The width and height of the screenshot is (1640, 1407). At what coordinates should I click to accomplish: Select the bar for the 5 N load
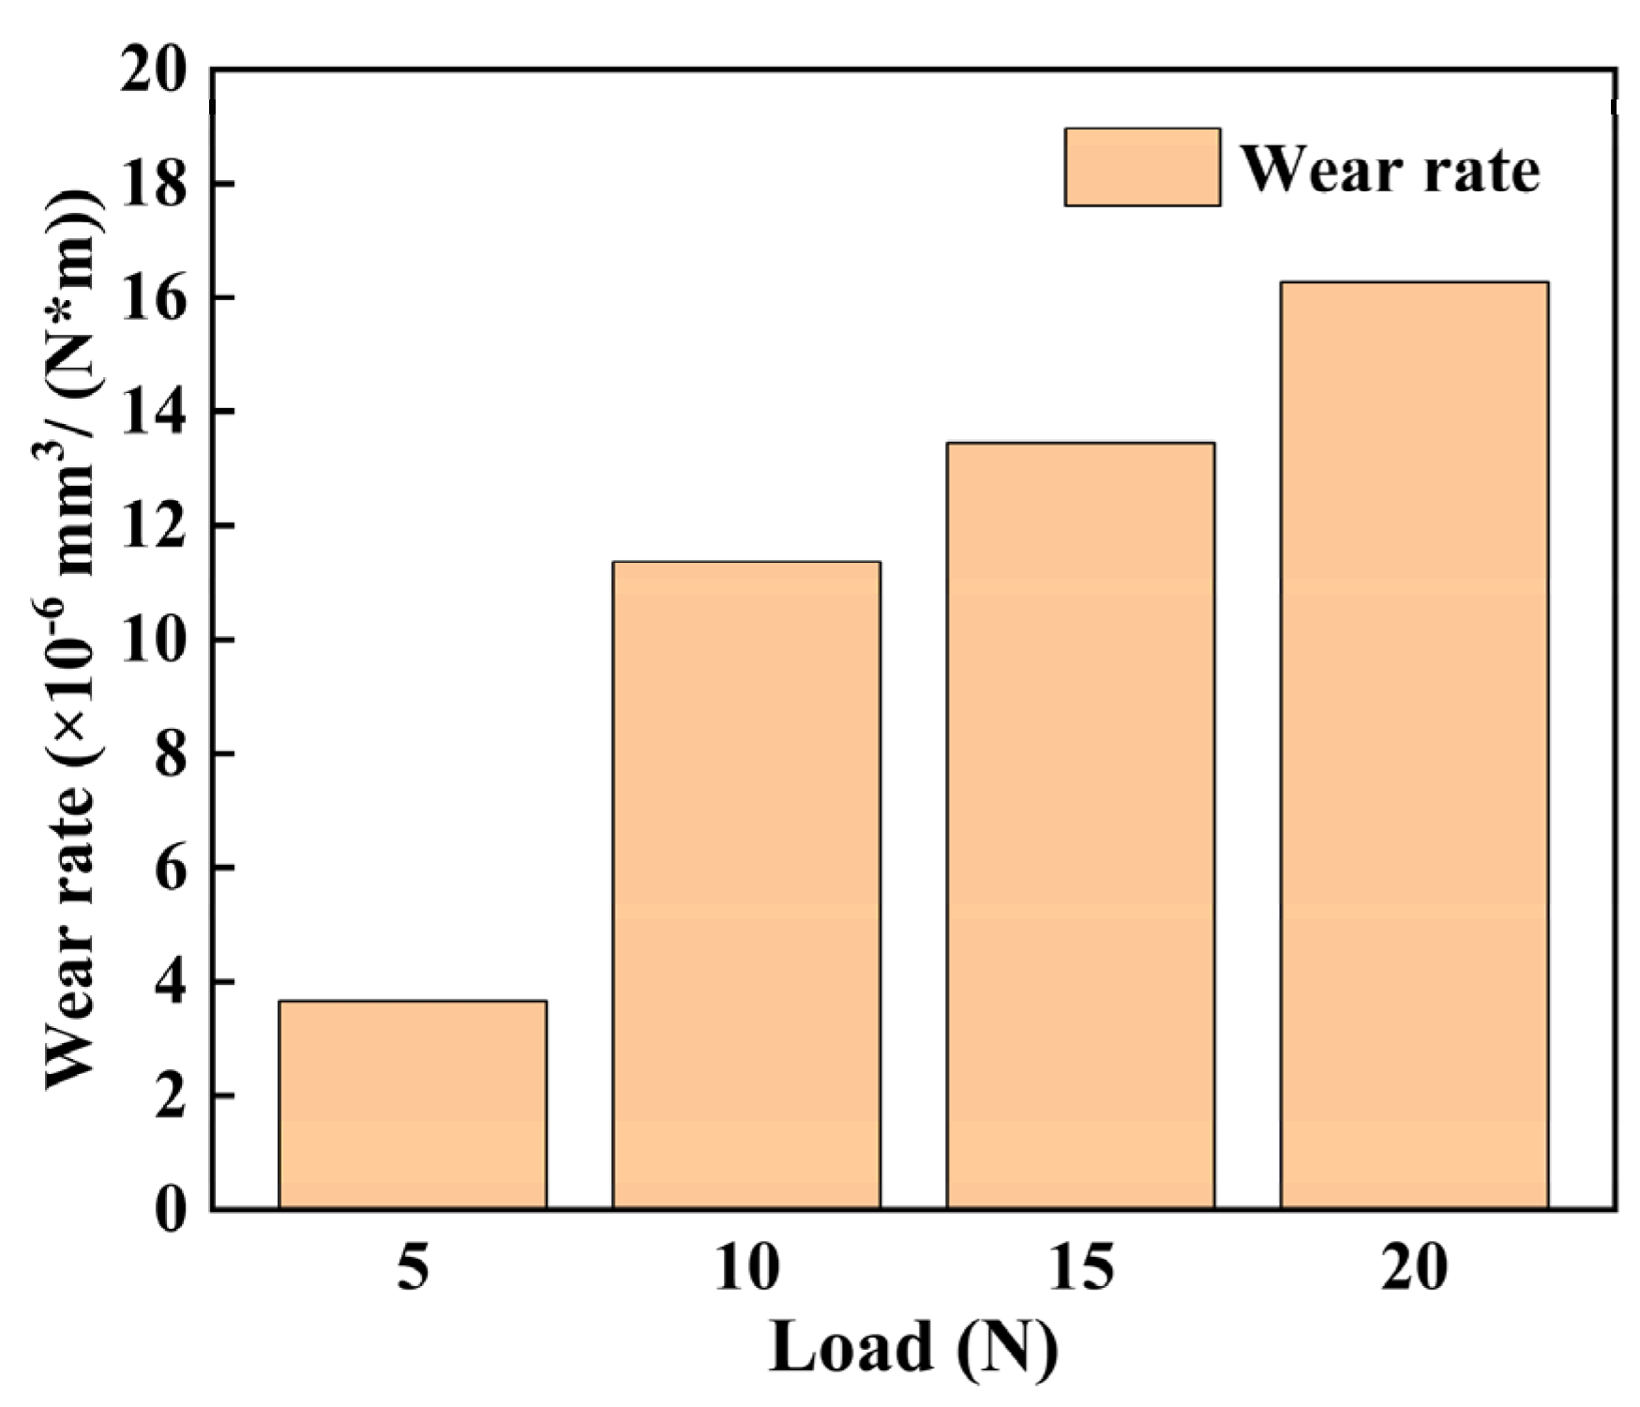[413, 1104]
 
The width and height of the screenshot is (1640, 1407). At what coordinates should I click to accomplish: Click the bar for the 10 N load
[746, 885]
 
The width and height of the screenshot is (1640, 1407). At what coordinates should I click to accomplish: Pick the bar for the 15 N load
[1080, 825]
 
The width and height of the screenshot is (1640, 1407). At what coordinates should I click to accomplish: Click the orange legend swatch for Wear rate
[1142, 167]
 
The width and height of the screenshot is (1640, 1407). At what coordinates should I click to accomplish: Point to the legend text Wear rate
[1391, 170]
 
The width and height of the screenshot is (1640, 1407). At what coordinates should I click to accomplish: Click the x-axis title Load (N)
[913, 1347]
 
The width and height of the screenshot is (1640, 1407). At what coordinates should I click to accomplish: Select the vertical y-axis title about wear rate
[72, 638]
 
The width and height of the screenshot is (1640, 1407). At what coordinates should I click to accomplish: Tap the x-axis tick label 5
[413, 1268]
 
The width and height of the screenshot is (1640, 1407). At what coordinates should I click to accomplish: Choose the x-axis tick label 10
[746, 1268]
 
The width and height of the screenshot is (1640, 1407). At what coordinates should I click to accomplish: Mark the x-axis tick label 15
[1080, 1268]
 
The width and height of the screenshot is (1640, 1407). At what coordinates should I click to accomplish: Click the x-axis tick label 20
[1414, 1268]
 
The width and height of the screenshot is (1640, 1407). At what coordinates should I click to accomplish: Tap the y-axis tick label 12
[155, 525]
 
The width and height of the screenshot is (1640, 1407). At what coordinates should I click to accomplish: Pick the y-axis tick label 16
[155, 297]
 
